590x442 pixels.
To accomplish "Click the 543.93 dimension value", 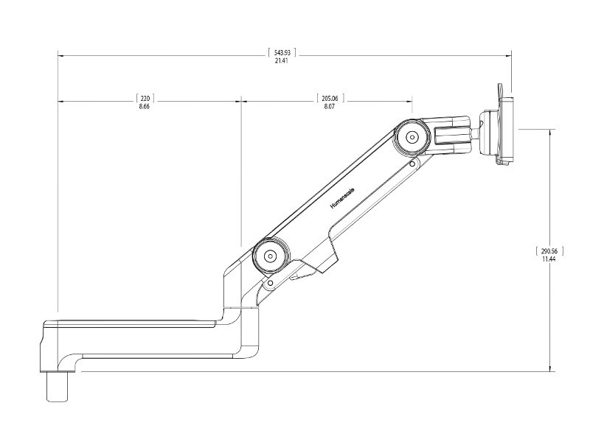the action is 282,52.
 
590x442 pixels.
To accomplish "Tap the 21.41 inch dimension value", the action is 282,60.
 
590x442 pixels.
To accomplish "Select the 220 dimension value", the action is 145,99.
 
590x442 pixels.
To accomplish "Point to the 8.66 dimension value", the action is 145,106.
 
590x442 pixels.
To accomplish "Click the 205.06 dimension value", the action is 330,99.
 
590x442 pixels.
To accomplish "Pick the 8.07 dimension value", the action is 330,106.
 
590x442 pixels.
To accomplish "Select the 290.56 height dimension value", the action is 549,251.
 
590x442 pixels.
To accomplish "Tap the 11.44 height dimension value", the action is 549,259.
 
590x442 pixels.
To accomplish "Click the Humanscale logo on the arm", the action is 342,198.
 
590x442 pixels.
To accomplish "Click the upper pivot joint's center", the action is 412,137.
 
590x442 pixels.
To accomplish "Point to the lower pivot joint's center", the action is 270,256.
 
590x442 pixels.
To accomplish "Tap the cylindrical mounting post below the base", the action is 58,386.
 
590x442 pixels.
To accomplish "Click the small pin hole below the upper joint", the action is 413,164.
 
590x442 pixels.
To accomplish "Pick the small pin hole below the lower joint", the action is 270,283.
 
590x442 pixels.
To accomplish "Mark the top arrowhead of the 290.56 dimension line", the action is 550,132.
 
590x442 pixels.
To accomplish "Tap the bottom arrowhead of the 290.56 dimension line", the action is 550,369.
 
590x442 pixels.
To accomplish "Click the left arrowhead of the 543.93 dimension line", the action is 60,56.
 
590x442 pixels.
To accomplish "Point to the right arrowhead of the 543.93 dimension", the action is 509,56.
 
